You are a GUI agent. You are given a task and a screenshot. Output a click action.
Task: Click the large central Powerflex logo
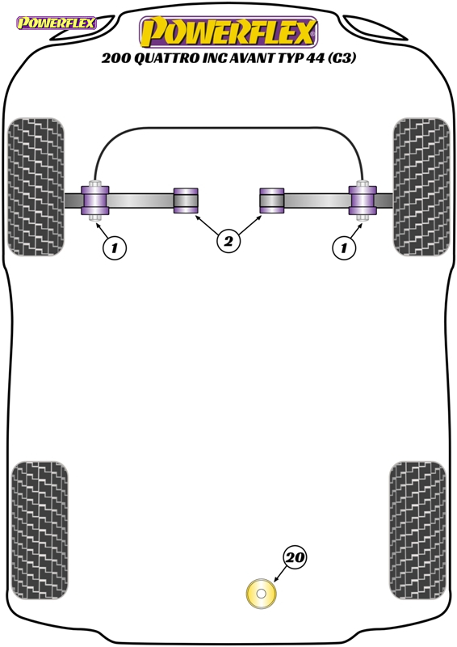(228, 32)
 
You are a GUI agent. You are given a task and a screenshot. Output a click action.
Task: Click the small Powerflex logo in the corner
(56, 23)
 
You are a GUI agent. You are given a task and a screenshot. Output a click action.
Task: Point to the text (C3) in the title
(342, 58)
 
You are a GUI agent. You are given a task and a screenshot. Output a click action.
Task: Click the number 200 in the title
(115, 58)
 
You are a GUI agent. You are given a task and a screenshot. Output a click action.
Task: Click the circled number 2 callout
(228, 241)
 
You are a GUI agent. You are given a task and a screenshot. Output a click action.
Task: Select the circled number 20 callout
(295, 557)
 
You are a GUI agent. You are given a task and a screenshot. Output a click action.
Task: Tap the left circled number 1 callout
(114, 247)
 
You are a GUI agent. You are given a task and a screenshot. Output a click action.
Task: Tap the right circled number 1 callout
(344, 247)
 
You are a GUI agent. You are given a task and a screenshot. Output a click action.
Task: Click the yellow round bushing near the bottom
(261, 594)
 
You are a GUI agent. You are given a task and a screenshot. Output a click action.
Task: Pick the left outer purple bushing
(95, 201)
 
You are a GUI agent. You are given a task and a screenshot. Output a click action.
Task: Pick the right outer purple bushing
(363, 201)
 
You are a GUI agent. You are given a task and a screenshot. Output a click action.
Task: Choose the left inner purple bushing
(186, 201)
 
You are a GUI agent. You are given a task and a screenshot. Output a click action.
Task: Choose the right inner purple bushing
(272, 201)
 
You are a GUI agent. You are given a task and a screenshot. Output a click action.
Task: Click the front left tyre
(36, 187)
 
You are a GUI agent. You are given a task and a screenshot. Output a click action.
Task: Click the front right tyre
(421, 187)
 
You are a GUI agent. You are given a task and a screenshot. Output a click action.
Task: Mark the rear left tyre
(40, 531)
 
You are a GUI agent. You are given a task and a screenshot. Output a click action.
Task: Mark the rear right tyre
(417, 531)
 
